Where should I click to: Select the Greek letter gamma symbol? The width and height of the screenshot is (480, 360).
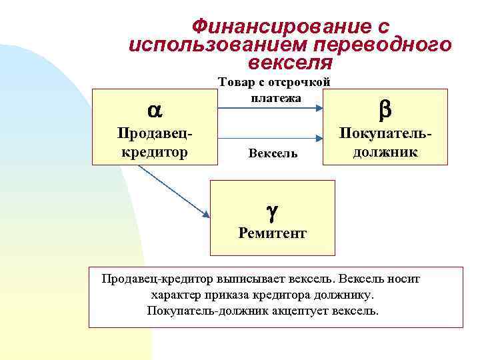tap(272, 212)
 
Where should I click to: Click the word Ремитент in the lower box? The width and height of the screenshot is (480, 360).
tap(272, 233)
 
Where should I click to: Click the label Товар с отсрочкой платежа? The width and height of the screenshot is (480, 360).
tap(275, 90)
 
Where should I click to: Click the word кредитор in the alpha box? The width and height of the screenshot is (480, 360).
tap(155, 151)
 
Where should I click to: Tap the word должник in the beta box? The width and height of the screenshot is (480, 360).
tap(385, 151)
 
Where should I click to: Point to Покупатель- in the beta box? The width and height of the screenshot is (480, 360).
tap(385, 133)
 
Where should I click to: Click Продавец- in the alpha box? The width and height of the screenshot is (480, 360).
tap(155, 133)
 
